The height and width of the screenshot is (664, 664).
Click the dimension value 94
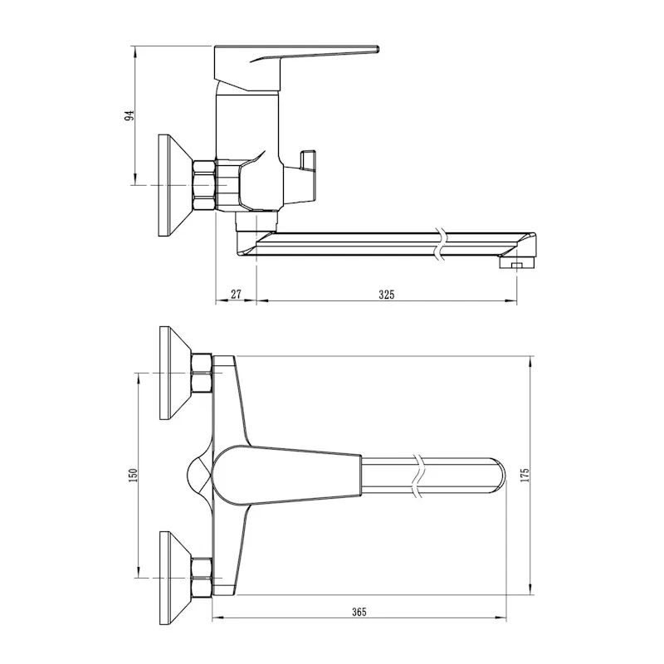tap(129, 115)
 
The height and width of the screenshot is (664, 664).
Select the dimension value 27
tap(236, 294)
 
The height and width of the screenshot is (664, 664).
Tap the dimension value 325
tap(386, 295)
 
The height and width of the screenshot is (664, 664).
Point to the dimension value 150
tap(133, 476)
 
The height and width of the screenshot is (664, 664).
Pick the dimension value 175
tap(525, 476)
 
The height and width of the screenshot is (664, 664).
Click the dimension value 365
tap(359, 612)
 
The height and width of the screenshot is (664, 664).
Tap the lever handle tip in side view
tap(377, 49)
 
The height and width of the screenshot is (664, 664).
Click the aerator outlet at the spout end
tap(517, 264)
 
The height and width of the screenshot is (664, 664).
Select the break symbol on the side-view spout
tap(441, 243)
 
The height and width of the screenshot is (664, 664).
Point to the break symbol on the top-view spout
tap(418, 476)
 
